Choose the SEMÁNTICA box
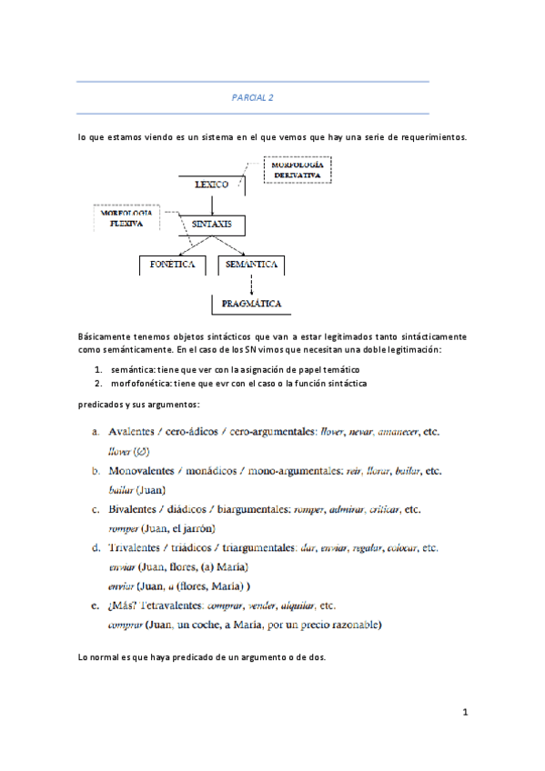(251, 265)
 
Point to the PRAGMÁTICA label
(249, 304)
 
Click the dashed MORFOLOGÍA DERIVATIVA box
(297, 170)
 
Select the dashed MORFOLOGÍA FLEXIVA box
(126, 219)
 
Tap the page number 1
(464, 712)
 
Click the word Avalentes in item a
(136, 433)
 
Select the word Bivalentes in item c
(136, 510)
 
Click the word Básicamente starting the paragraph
(110, 337)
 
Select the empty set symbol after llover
(141, 450)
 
